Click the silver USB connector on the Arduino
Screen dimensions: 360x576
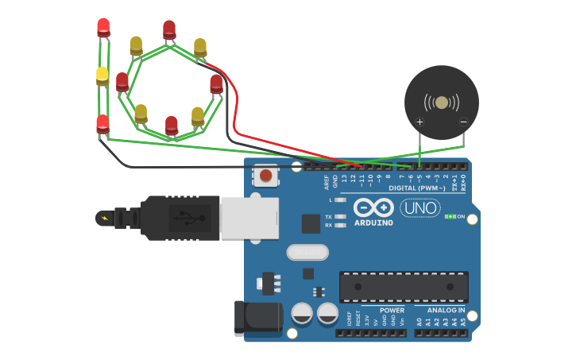tap(249, 218)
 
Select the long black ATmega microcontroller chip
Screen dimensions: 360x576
tap(404, 286)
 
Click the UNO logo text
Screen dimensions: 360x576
tap(419, 208)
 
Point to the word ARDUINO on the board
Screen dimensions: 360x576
tap(373, 223)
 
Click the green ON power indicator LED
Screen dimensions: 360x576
tap(450, 216)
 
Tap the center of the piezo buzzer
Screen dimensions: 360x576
tap(442, 103)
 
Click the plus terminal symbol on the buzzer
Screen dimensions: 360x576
tap(419, 122)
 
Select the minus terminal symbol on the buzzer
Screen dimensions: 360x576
tap(463, 122)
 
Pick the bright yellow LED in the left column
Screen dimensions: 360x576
tap(102, 75)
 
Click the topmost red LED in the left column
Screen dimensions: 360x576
tap(103, 27)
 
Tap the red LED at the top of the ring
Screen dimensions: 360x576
tap(169, 30)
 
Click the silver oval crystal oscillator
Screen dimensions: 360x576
tap(307, 252)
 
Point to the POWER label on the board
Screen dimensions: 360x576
tap(392, 310)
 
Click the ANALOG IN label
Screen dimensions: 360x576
tap(445, 310)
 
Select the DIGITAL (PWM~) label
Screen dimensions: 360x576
tap(418, 188)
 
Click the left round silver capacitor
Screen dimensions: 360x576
tap(302, 313)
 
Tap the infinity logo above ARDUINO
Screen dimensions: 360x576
tap(373, 207)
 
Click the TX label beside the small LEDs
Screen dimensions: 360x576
tap(329, 216)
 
